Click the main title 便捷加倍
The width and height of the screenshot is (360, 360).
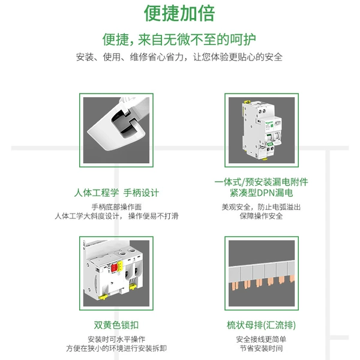click(x=179, y=13)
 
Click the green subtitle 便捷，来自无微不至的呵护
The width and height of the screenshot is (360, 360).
click(x=179, y=40)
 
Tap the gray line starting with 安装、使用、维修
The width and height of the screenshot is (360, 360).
click(x=179, y=57)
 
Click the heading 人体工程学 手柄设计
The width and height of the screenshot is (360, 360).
click(x=116, y=193)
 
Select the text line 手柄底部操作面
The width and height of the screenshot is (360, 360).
click(x=116, y=207)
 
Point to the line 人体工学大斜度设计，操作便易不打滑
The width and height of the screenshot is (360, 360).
click(x=116, y=216)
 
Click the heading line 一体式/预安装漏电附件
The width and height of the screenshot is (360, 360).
click(x=261, y=182)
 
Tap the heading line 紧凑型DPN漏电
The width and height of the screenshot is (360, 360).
click(x=261, y=193)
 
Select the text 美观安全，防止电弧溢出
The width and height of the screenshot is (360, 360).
click(x=261, y=207)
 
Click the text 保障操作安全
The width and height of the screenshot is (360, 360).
click(x=261, y=216)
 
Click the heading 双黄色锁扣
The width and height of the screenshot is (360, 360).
click(x=116, y=325)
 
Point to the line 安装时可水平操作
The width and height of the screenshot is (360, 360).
click(x=116, y=340)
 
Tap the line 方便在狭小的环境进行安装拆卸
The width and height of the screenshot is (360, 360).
click(x=116, y=348)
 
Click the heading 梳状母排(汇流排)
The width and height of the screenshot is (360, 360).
click(x=261, y=325)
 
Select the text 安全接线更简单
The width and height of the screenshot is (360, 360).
click(x=261, y=340)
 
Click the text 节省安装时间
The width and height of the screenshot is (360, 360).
click(x=261, y=348)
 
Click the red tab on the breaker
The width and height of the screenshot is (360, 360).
click(x=114, y=268)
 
